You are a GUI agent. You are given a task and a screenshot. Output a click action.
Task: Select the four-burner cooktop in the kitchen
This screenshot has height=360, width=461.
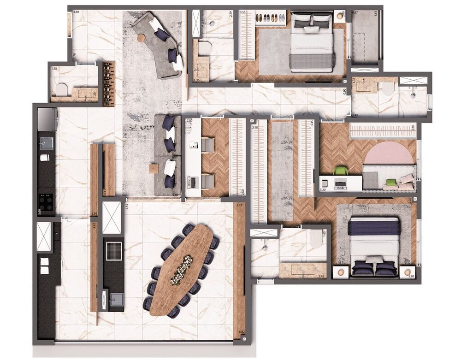pyautogui.click(x=47, y=201)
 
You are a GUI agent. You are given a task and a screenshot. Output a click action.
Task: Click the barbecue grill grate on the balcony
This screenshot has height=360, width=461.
pyautogui.click(x=112, y=251)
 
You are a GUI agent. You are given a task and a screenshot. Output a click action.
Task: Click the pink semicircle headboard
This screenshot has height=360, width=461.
pyautogui.click(x=389, y=153)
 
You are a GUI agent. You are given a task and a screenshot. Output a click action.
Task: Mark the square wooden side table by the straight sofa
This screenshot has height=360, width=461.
pyautogui.click(x=154, y=169)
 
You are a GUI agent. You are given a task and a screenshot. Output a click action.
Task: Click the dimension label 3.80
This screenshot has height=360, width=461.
pyautogui.click(x=76, y=12)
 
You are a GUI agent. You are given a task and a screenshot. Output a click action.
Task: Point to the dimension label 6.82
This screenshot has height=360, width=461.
pyautogui.click(x=242, y=331)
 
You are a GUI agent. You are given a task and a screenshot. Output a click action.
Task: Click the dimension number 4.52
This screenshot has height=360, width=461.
pyautogui.click(x=126, y=206)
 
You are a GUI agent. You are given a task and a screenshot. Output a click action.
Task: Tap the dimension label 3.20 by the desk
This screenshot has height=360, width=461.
pyautogui.click(x=323, y=189)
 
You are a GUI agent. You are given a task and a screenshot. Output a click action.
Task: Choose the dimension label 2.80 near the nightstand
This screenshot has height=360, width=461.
pyautogui.click(x=411, y=276)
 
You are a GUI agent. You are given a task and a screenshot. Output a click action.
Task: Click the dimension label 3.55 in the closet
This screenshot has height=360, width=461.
pyautogui.click(x=242, y=13)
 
